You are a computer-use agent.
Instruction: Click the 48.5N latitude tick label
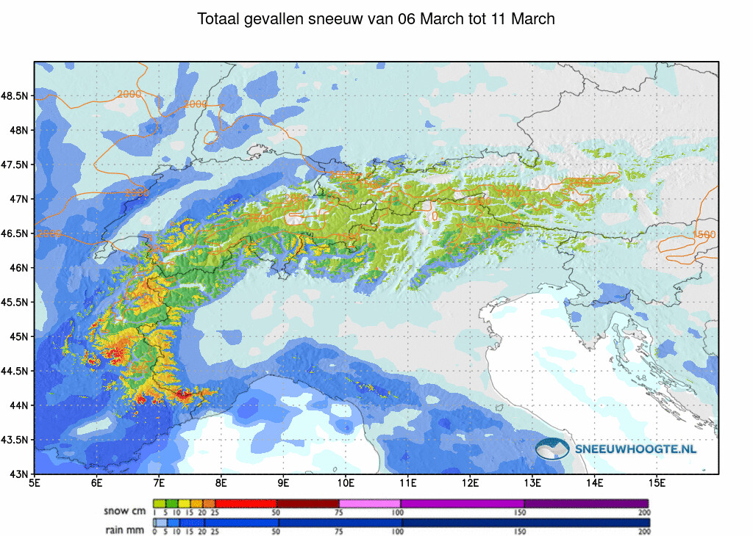[15, 96]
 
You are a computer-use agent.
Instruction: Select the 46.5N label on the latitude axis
[15, 233]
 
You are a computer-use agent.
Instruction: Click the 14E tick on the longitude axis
[595, 483]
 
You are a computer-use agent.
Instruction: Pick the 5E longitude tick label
[34, 483]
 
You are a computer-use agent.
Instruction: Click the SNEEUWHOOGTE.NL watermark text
[635, 449]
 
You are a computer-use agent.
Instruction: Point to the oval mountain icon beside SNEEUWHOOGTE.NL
[552, 449]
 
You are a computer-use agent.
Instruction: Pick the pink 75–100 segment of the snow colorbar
[369, 503]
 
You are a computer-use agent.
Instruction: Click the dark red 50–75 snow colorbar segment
[307, 503]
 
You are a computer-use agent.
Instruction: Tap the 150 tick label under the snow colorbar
[524, 513]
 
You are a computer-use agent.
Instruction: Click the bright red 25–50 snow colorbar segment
[246, 503]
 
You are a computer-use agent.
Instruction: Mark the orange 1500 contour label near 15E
[704, 234]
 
